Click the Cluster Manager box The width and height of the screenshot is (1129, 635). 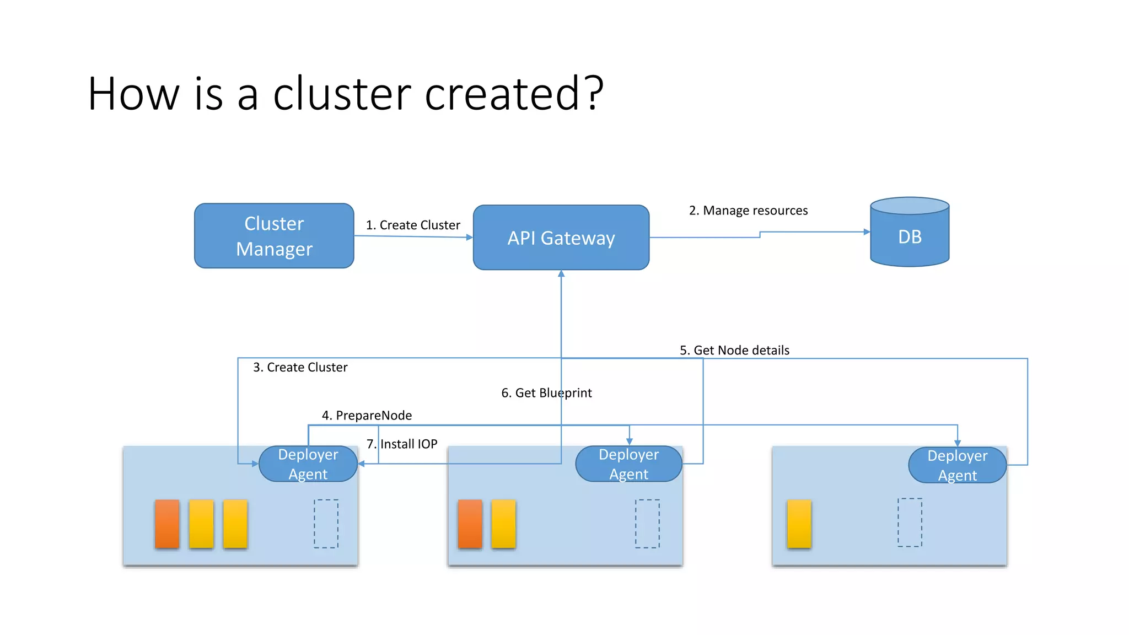pos(274,236)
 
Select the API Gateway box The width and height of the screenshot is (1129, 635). pos(561,238)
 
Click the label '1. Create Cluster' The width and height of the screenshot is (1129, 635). pos(413,225)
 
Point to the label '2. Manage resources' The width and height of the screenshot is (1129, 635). pos(748,211)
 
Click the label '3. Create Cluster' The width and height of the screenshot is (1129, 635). pos(300,367)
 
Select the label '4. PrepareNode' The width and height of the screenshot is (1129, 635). pos(367,415)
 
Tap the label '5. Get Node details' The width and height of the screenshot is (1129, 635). pos(734,350)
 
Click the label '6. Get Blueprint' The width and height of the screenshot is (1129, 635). pos(546,392)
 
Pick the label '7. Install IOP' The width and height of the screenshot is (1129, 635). pos(402,444)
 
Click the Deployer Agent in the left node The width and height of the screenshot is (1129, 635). pos(308,464)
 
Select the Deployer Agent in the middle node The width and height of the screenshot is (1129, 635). pos(628,464)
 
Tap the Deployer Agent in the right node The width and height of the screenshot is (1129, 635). pos(957,465)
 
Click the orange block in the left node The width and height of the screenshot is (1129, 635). pos(167,524)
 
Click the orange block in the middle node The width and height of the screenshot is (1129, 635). pos(470,524)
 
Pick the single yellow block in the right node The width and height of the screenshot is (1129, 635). pos(799,524)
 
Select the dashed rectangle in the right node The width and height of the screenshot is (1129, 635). pos(910,523)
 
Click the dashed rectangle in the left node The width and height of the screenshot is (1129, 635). pos(326,524)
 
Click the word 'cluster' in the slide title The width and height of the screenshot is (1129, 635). pos(342,94)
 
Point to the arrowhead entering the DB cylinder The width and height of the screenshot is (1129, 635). pos(867,232)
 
